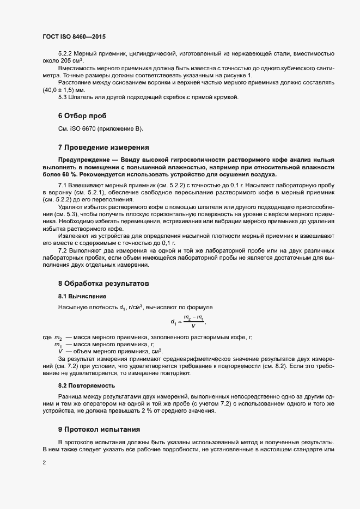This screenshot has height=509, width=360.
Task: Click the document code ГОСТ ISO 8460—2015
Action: coord(74,37)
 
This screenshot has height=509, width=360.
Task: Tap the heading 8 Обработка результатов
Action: coord(102,284)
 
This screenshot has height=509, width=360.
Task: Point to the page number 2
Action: coord(44,463)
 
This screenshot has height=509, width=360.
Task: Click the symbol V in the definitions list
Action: coord(60,352)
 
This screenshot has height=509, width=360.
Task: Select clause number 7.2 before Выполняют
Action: coord(63,249)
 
